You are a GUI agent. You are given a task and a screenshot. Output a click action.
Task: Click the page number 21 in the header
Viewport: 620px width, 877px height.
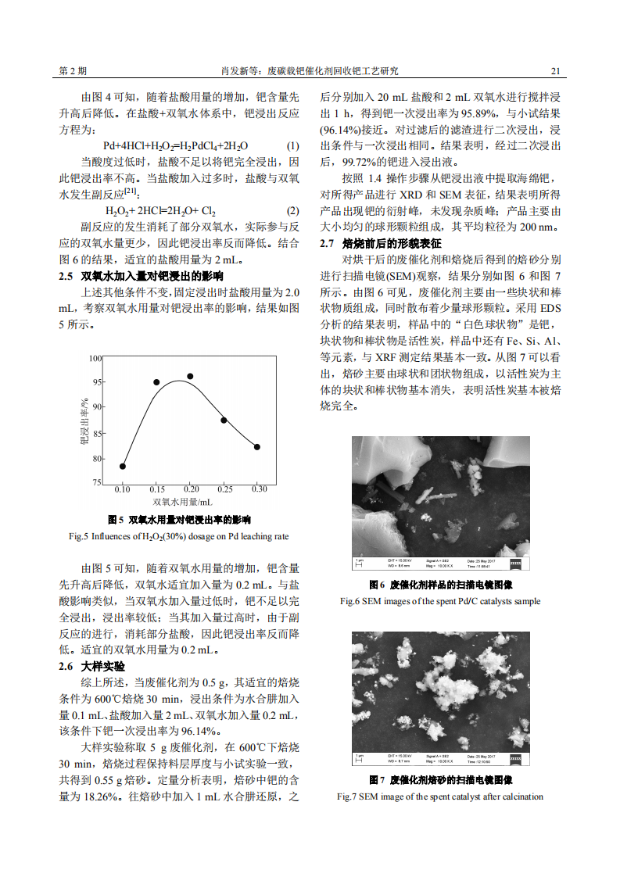(x=555, y=71)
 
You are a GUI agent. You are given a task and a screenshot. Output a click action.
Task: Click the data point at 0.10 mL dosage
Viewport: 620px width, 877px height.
(x=123, y=466)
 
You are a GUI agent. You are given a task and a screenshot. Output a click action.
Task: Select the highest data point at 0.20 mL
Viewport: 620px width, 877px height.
(x=190, y=376)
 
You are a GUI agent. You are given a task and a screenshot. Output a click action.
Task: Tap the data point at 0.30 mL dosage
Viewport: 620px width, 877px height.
(x=257, y=447)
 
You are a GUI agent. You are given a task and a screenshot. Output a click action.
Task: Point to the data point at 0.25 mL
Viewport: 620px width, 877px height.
(x=224, y=421)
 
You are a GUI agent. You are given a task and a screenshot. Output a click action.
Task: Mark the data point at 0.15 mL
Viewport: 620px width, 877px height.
(x=156, y=382)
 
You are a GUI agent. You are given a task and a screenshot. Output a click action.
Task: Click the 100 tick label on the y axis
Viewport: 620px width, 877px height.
(x=96, y=358)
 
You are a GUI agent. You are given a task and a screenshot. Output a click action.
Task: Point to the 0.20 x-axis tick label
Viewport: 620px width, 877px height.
(x=191, y=489)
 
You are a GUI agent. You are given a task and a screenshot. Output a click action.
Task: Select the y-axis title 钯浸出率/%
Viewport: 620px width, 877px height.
(x=84, y=421)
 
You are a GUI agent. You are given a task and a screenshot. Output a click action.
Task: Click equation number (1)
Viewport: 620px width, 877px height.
(x=292, y=146)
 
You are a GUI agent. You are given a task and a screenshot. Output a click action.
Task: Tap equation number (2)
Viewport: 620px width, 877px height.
(x=292, y=211)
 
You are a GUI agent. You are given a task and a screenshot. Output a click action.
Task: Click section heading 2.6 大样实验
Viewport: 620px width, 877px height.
(x=91, y=666)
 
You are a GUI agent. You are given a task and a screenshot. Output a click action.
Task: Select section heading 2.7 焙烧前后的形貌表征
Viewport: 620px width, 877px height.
(x=381, y=243)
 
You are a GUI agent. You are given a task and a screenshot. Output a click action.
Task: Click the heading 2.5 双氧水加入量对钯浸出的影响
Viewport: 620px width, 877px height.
(x=141, y=276)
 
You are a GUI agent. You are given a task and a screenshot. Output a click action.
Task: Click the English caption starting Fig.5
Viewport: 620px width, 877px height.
(x=179, y=536)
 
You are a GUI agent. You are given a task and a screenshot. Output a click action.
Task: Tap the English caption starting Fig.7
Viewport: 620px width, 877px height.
(x=439, y=796)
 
